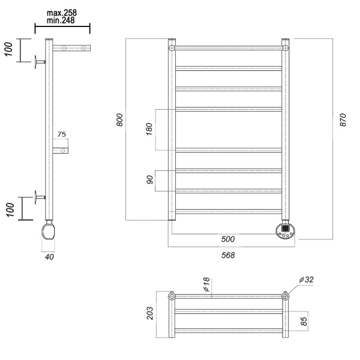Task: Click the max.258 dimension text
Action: [x=62, y=12]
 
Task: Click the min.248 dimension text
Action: [x=62, y=20]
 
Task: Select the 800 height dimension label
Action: [x=120, y=120]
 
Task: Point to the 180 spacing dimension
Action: [x=149, y=130]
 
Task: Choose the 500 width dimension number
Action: [x=227, y=239]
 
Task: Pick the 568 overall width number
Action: [x=227, y=255]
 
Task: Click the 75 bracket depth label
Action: [x=62, y=134]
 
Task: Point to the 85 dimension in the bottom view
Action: [x=304, y=320]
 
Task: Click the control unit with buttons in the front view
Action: [x=286, y=230]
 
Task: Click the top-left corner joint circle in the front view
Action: [x=172, y=47]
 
